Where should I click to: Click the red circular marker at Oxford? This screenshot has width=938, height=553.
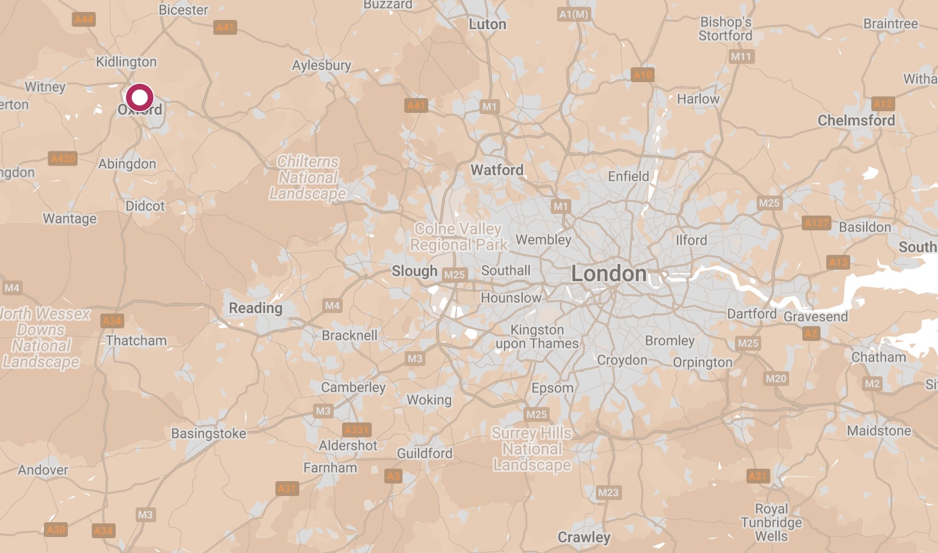140,97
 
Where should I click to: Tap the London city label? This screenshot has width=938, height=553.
609,274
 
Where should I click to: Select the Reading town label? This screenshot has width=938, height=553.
255,308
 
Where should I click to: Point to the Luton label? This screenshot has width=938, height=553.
488,25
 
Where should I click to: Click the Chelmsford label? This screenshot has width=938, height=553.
856,120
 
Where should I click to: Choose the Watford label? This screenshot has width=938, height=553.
497,170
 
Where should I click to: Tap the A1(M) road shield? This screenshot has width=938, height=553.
574,14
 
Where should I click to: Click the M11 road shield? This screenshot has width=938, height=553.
741,56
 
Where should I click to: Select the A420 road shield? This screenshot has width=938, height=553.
63,158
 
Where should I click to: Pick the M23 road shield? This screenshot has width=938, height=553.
608,493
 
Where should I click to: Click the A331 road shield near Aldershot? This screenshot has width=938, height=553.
357,430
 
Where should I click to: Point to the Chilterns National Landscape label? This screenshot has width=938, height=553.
308,178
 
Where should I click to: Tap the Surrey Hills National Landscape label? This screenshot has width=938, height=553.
532,449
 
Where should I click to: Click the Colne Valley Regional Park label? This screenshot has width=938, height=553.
458,237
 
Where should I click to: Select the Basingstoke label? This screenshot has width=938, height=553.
209,433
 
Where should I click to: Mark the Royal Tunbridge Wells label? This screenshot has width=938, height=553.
771,522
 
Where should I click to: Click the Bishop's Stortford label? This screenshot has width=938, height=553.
725,29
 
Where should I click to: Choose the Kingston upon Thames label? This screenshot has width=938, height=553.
537,336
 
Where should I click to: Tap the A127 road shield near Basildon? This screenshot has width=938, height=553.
817,223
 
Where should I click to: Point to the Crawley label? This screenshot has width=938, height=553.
584,537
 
